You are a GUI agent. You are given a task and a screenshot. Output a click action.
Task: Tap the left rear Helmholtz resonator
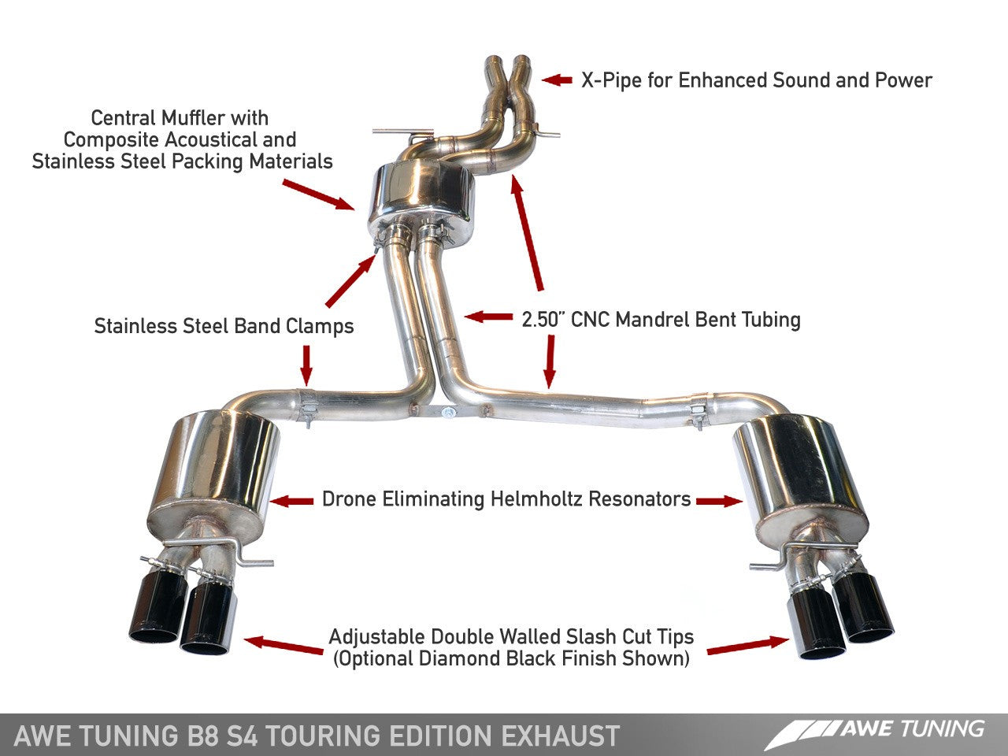214,469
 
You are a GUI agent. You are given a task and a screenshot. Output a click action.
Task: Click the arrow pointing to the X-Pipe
557,80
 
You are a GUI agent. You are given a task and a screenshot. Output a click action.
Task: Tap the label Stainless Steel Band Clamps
224,326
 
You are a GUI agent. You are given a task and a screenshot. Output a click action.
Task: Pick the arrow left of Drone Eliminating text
292,500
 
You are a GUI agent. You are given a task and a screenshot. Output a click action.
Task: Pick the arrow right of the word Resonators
719,500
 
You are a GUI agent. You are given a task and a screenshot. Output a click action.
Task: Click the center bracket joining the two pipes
447,410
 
